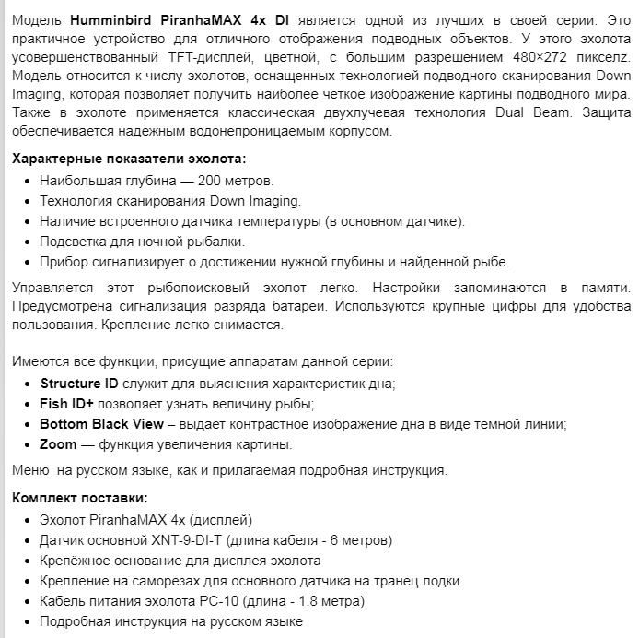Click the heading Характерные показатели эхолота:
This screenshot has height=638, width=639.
[129, 159]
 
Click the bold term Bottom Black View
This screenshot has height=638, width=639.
[101, 424]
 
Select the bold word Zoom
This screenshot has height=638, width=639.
[58, 444]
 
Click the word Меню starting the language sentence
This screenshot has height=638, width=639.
[30, 471]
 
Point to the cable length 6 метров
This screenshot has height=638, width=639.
[354, 540]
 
